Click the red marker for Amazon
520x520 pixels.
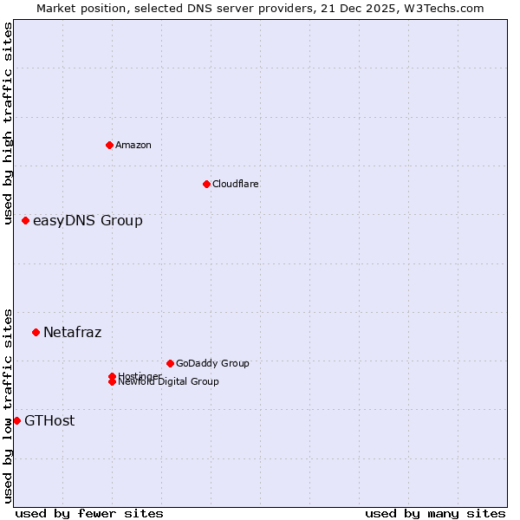pyautogui.click(x=109, y=145)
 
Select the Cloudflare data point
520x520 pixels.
pyautogui.click(x=206, y=184)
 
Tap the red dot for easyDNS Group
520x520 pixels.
pyautogui.click(x=26, y=220)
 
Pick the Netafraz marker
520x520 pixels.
pyautogui.click(x=36, y=332)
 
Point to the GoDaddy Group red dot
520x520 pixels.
pyautogui.click(x=170, y=363)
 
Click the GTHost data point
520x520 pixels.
pyautogui.click(x=16, y=420)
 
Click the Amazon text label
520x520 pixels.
pyautogui.click(x=133, y=145)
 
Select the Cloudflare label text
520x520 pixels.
pyautogui.click(x=235, y=184)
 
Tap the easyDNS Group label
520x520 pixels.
pyautogui.click(x=88, y=220)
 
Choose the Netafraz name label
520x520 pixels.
pyautogui.click(x=72, y=332)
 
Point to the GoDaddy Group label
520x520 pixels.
pyautogui.click(x=211, y=363)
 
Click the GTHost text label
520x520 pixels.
pyautogui.click(x=49, y=420)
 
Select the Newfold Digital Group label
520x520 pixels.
pyautogui.click(x=168, y=382)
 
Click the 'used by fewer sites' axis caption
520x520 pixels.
pyautogui.click(x=89, y=513)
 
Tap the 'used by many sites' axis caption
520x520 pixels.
pyautogui.click(x=435, y=513)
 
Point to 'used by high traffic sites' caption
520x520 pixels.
pyautogui.click(x=9, y=123)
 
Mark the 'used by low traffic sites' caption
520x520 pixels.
pyautogui.click(x=9, y=405)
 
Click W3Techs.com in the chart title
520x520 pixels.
pyautogui.click(x=443, y=8)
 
